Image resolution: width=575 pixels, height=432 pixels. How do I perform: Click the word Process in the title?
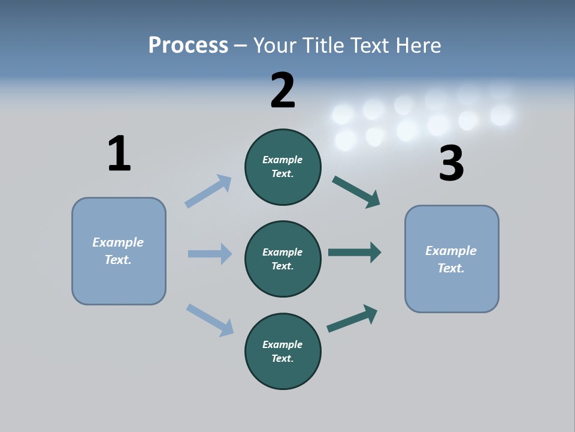188,45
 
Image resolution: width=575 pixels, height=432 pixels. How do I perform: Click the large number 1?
119,154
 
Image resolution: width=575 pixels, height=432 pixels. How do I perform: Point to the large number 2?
283,90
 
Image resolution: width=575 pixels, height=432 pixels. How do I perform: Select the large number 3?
451,164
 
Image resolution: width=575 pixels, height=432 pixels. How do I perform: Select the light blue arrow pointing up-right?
208,191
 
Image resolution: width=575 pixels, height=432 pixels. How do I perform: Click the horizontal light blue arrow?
210,254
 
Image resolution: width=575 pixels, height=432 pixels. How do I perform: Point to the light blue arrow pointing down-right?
210,319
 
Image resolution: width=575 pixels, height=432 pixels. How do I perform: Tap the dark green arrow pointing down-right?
356,192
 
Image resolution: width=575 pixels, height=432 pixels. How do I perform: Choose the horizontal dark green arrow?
355,253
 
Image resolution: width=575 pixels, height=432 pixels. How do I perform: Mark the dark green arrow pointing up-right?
352,318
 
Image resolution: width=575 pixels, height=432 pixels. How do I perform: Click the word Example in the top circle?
283,160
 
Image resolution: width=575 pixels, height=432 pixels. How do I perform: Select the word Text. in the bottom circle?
283,358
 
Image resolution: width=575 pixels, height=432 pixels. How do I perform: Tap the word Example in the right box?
451,251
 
